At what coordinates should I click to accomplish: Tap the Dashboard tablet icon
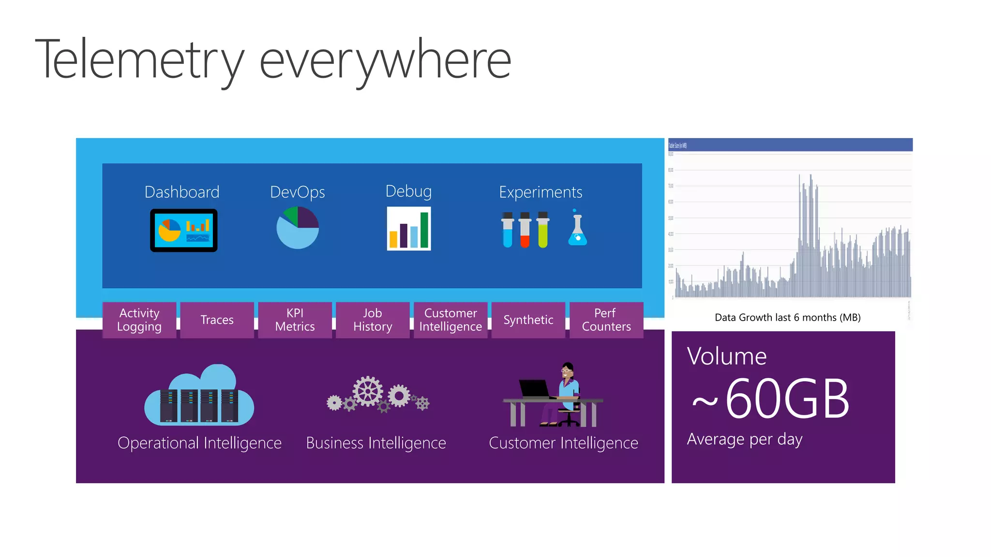click(x=183, y=231)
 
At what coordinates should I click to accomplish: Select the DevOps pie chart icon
click(x=298, y=228)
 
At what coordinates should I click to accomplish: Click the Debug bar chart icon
click(x=409, y=229)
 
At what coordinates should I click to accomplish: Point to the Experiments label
click(x=541, y=192)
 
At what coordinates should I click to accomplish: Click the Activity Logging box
click(x=139, y=320)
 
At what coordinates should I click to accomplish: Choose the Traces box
click(x=217, y=320)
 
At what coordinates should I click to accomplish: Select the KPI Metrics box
click(x=295, y=320)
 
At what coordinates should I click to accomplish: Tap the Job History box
click(x=373, y=320)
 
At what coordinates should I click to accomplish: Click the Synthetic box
click(x=528, y=320)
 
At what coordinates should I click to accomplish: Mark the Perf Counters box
click(x=606, y=320)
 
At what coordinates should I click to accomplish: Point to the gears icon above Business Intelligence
click(x=377, y=395)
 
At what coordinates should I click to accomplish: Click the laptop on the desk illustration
click(x=534, y=388)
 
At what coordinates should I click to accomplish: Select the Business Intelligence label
click(x=376, y=443)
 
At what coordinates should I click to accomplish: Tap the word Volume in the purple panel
click(x=727, y=357)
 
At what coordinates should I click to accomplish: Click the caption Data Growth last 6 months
click(x=787, y=318)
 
